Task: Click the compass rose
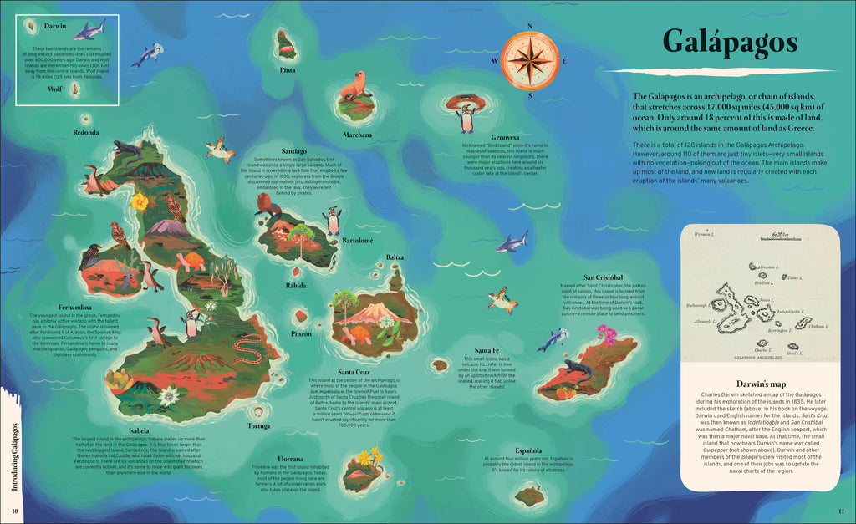[x=530, y=60]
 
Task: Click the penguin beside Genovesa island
[x=466, y=119]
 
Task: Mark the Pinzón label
[x=301, y=333]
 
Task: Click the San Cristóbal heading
[x=603, y=277]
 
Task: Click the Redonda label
[x=86, y=132]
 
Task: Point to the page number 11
[x=841, y=511]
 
